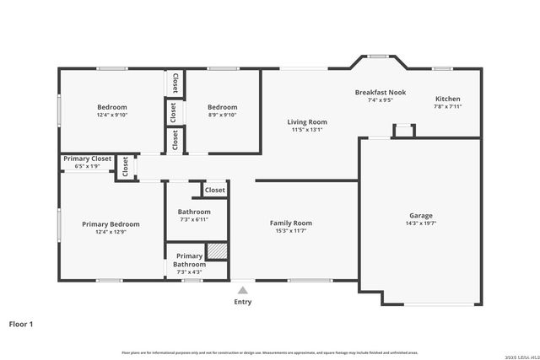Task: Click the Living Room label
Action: [x=308, y=122]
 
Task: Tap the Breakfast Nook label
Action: [x=381, y=92]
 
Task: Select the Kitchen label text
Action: [x=447, y=99]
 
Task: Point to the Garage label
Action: [x=419, y=216]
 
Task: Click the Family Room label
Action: [x=291, y=223]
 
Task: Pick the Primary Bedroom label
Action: [x=111, y=224]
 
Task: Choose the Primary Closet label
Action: [x=88, y=159]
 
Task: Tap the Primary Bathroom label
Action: [x=189, y=260]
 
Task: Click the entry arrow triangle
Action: [x=242, y=290]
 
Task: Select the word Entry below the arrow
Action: [x=242, y=302]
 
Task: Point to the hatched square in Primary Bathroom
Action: [x=218, y=252]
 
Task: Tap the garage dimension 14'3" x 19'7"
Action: [x=419, y=224]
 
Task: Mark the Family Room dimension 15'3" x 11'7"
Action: [x=291, y=232]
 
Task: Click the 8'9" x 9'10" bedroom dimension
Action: [x=223, y=116]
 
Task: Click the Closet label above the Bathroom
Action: [x=214, y=191]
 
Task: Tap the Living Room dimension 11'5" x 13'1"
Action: [x=308, y=131]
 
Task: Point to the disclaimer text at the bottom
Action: [x=270, y=352]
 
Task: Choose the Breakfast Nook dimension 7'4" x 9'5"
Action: [x=381, y=100]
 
